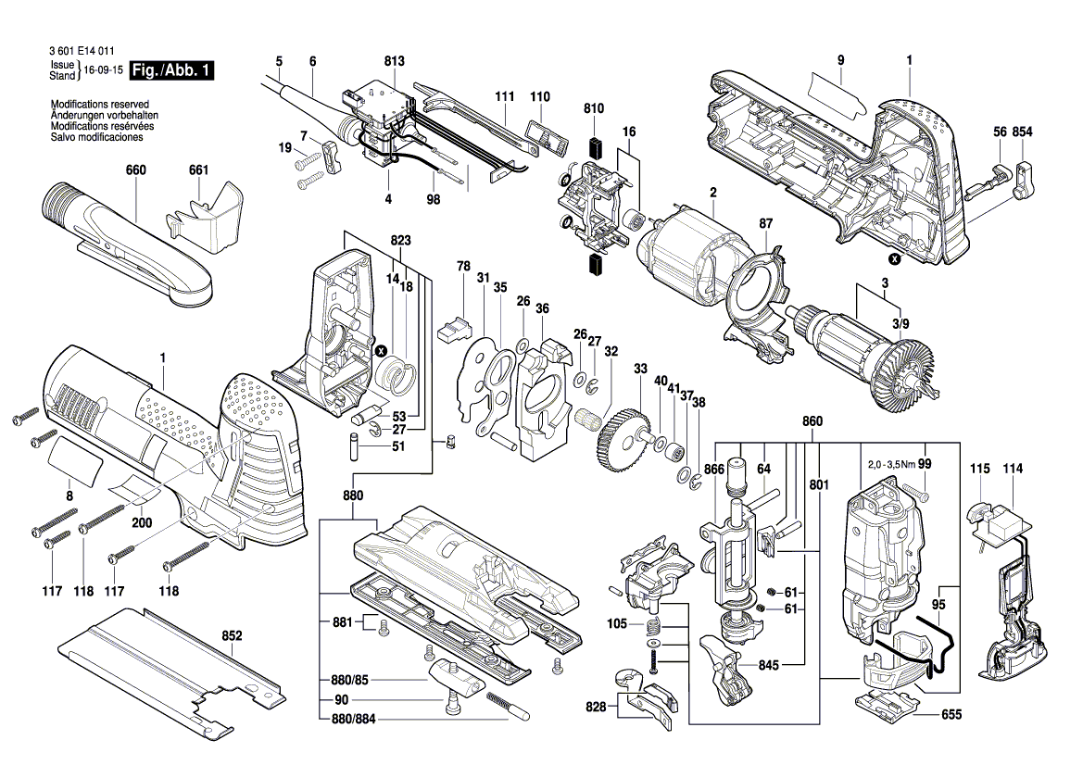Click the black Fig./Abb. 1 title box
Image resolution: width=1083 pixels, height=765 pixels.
point(171,70)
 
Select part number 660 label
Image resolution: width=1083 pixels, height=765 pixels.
point(136,169)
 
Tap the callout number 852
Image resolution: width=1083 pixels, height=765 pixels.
point(232,635)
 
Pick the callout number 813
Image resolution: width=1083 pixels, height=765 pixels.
point(395,61)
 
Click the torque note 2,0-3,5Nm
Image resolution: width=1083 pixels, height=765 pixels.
point(891,465)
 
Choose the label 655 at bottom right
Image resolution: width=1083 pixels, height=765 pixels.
point(951,714)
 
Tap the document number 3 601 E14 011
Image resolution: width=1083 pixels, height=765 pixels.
point(82,51)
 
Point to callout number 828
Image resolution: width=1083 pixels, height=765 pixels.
point(596,707)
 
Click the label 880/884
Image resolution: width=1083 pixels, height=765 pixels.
point(353,719)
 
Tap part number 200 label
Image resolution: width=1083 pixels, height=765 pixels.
point(142,522)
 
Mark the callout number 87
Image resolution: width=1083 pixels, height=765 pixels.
point(765,224)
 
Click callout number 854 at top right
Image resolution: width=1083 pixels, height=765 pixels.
point(1022,132)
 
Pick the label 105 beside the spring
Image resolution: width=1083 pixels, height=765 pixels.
point(617,623)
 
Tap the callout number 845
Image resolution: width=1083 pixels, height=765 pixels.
point(768,665)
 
